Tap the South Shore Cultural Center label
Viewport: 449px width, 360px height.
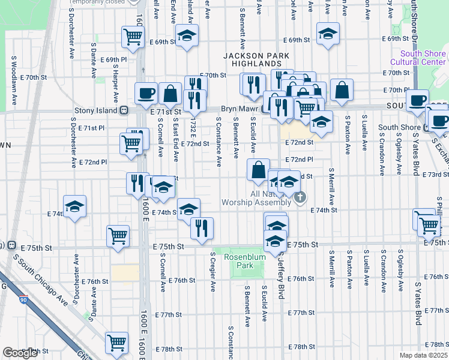[x=418, y=58]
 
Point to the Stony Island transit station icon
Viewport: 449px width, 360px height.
[x=124, y=110]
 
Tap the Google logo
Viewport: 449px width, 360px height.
[x=20, y=353]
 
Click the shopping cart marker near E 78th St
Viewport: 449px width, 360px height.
[x=116, y=343]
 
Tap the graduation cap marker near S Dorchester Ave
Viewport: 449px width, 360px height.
[x=74, y=208]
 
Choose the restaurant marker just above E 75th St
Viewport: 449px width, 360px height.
[x=202, y=227]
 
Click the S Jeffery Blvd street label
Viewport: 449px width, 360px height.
[x=280, y=270]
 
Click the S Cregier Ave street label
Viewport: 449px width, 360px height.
[x=212, y=271]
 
